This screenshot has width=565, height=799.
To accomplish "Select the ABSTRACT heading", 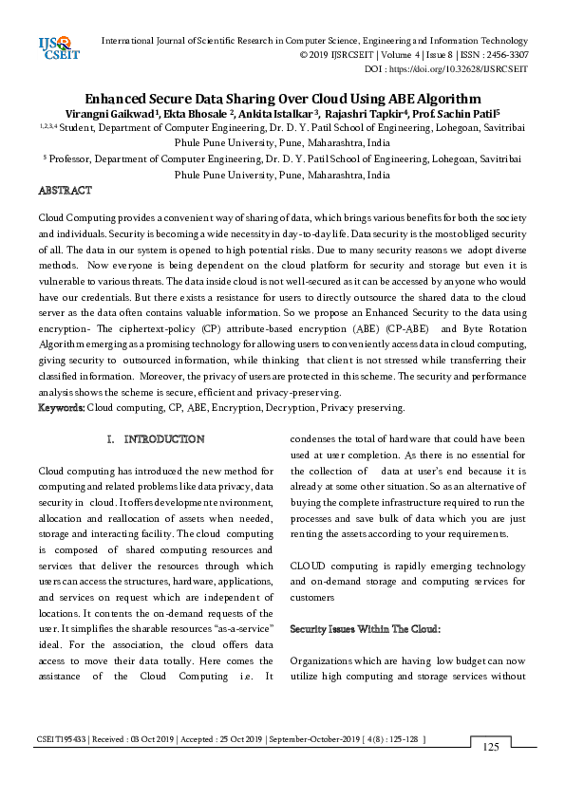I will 65,191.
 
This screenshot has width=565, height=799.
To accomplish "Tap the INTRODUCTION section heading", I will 163,439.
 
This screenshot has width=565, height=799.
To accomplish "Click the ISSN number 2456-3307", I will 504,55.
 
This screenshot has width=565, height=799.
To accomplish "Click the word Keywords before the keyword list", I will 61,408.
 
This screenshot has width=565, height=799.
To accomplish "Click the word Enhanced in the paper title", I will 119,98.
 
